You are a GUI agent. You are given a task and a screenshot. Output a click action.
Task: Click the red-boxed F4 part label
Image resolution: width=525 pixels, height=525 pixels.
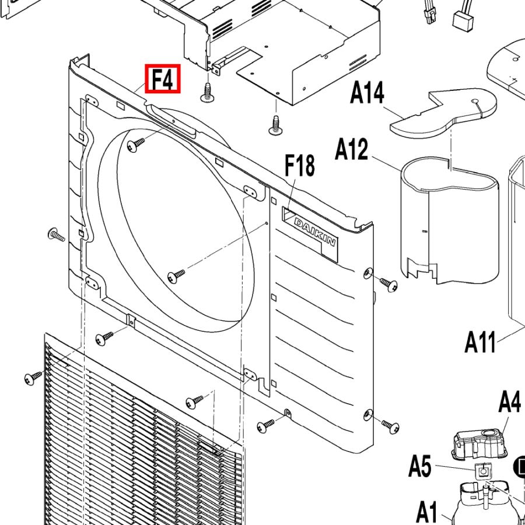[163, 79]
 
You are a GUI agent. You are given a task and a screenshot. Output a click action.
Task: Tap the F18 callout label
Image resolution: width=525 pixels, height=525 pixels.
[300, 166]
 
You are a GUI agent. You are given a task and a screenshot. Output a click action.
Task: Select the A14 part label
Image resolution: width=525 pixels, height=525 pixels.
[367, 94]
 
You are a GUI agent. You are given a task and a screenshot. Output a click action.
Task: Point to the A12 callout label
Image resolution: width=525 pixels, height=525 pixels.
[352, 150]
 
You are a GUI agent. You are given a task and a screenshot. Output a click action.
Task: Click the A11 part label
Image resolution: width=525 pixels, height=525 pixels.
[480, 342]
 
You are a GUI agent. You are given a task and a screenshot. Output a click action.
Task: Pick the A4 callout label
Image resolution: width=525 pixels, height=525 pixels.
[510, 402]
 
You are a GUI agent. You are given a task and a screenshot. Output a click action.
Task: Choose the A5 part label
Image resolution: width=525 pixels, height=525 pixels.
[420, 466]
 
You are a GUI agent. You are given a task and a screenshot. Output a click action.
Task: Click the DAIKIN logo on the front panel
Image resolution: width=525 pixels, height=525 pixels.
[314, 232]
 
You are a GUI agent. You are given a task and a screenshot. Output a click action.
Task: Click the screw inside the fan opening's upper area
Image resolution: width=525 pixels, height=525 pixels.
[135, 145]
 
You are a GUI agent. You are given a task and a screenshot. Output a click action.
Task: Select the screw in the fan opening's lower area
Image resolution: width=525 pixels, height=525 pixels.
[176, 276]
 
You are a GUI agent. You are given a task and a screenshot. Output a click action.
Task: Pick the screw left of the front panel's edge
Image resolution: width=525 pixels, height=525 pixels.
[56, 235]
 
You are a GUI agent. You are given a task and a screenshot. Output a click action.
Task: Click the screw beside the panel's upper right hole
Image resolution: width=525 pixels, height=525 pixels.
[389, 284]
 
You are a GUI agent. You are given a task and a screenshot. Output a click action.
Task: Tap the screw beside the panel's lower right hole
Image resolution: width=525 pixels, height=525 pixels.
[390, 426]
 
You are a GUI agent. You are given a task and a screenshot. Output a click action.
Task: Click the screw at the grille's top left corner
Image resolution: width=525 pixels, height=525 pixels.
[33, 377]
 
